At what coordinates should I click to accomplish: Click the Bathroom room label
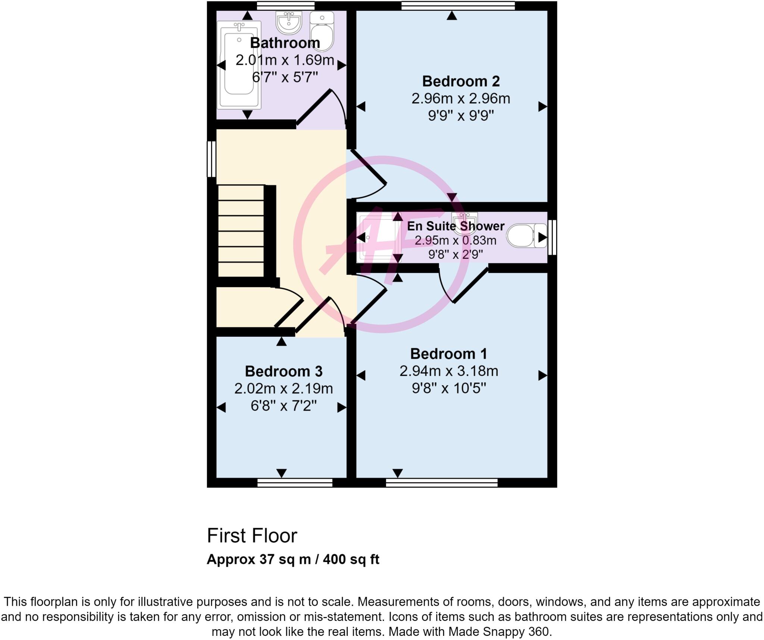tap(285, 43)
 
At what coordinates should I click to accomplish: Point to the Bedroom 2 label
tap(461, 81)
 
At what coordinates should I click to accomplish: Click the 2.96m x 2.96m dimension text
tap(461, 98)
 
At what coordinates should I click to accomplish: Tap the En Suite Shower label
tap(455, 226)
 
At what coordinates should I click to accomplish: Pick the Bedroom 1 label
tap(448, 354)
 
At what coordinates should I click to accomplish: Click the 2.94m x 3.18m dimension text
tap(448, 371)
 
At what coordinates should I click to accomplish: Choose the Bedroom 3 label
tap(284, 371)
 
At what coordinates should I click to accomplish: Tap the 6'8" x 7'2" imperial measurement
tap(284, 405)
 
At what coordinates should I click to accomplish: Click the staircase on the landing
tap(241, 231)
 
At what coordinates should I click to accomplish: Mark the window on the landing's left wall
tap(212, 159)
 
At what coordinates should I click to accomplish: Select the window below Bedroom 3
tap(295, 483)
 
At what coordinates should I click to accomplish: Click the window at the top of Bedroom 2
tap(458, 5)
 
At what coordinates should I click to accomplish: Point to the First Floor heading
tap(252, 536)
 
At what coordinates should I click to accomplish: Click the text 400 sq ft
tap(351, 559)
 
